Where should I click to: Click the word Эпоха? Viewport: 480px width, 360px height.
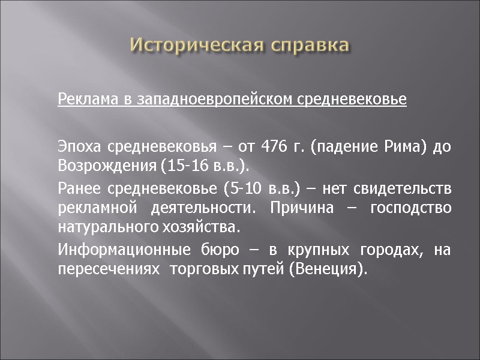(x=78, y=147)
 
